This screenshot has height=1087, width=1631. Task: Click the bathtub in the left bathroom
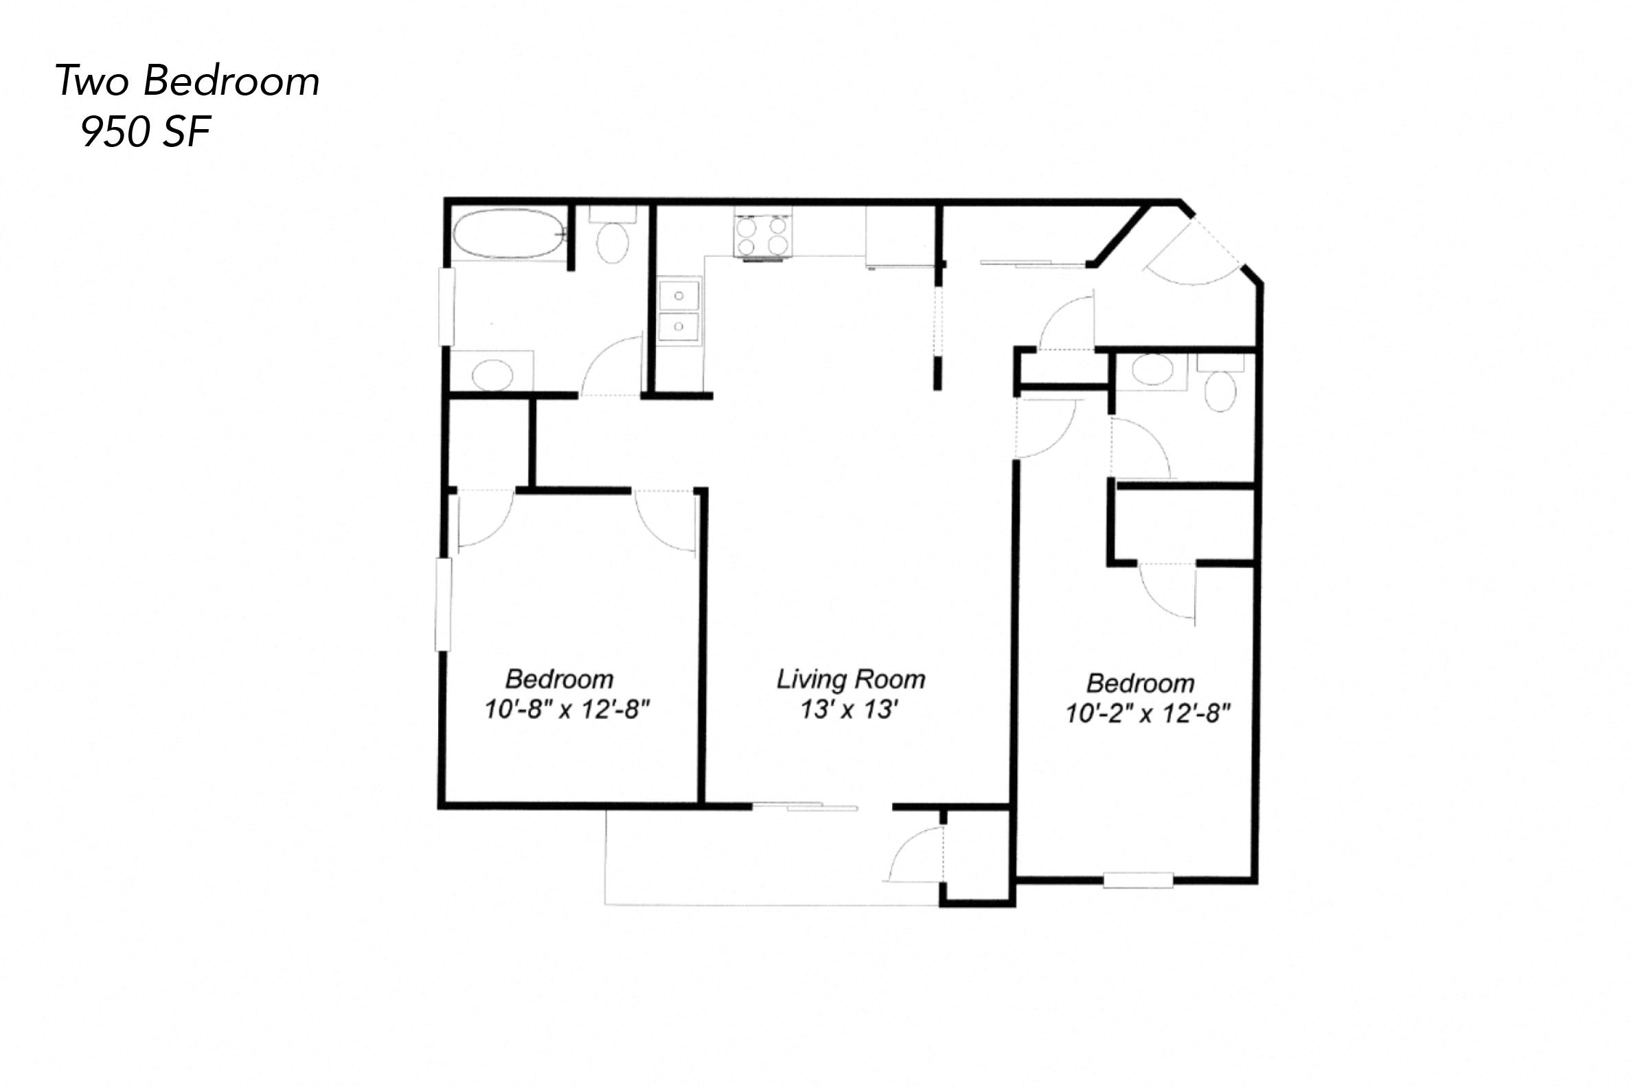click(508, 234)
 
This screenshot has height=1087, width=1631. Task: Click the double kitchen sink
click(678, 310)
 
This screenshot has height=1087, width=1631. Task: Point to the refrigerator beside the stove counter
click(900, 236)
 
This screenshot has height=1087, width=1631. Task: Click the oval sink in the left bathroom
click(492, 375)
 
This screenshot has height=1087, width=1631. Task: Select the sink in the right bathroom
click(1152, 369)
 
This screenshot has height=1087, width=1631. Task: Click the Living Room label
click(850, 678)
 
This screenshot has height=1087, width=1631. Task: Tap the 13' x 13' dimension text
click(849, 709)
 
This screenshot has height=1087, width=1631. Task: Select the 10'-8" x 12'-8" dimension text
click(567, 709)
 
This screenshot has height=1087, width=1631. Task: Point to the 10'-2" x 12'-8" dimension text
click(1147, 713)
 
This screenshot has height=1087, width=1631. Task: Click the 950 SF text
click(146, 132)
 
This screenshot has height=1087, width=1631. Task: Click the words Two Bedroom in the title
click(187, 81)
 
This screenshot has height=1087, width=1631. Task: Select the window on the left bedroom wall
click(443, 604)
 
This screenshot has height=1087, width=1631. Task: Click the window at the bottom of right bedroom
click(1137, 880)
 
